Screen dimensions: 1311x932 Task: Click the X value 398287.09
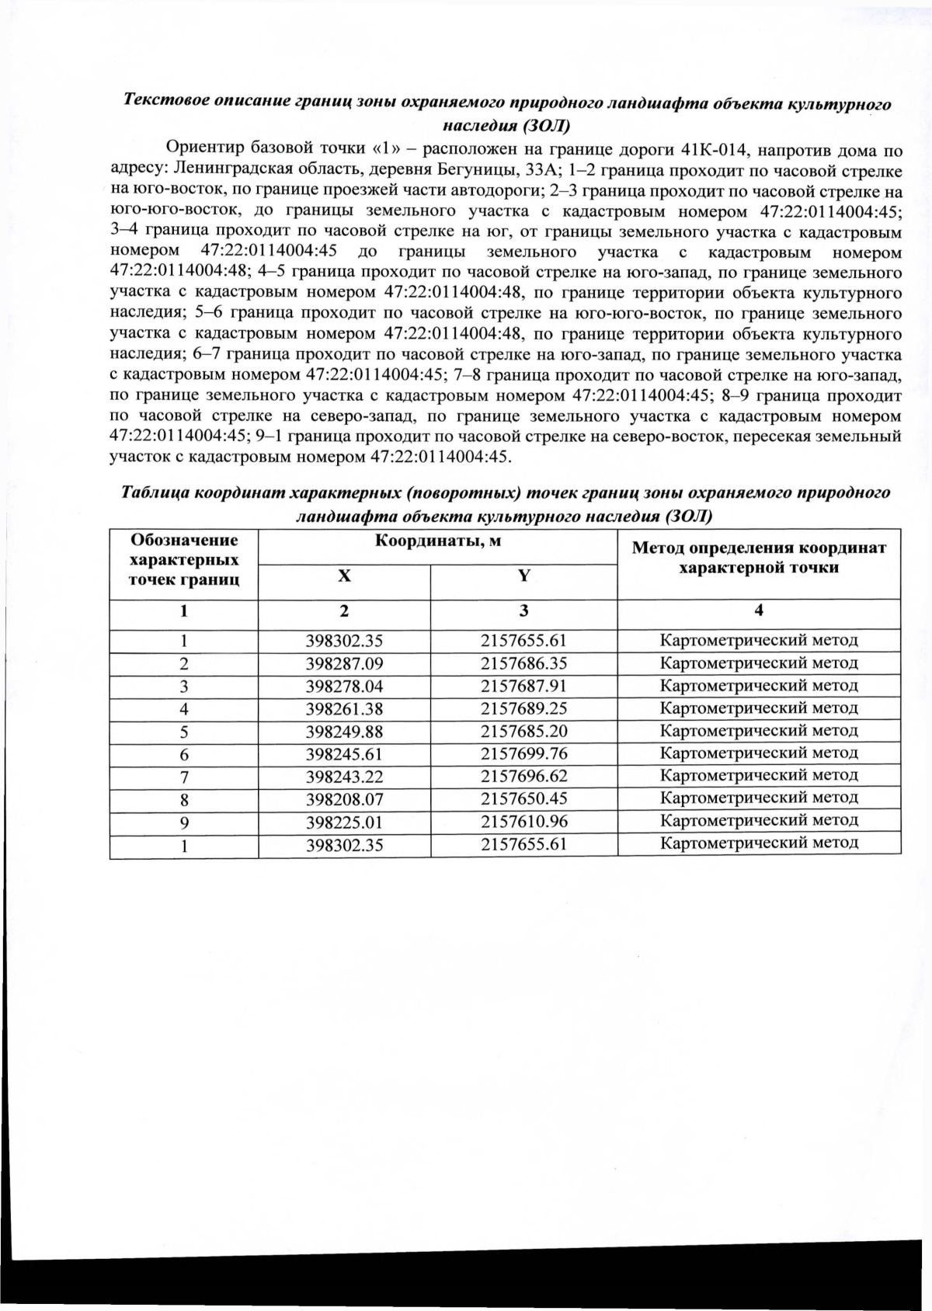point(345,663)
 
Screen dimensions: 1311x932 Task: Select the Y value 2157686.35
point(523,663)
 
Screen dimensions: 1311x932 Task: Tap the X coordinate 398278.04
point(345,686)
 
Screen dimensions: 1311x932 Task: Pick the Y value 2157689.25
point(523,708)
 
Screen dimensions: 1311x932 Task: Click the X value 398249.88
point(345,732)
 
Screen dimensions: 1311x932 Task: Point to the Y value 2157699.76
point(523,754)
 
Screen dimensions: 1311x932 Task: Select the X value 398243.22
point(345,777)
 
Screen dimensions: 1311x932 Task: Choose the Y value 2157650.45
point(523,799)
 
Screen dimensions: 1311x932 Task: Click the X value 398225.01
point(345,822)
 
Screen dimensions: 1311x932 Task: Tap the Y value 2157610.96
point(523,822)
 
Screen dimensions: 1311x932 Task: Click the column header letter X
point(344,576)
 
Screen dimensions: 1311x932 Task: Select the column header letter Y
point(524,576)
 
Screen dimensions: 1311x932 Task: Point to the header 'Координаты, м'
point(437,541)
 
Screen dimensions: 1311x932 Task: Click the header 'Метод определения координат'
point(759,548)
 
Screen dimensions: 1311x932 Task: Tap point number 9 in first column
point(184,822)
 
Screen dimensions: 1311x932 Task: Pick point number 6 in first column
point(184,755)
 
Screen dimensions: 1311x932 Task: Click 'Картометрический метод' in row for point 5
point(759,731)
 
